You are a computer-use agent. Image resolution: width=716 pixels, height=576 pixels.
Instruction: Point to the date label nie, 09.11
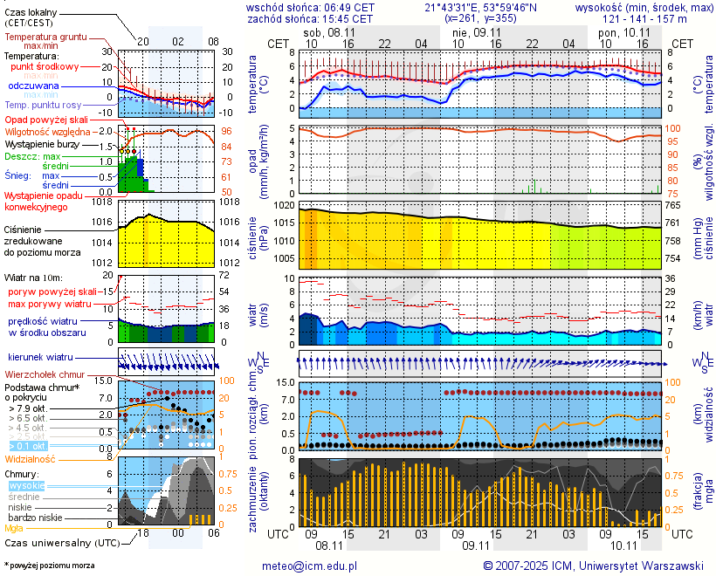(x=472, y=31)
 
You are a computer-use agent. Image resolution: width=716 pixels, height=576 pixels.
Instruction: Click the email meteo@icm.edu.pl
(x=310, y=566)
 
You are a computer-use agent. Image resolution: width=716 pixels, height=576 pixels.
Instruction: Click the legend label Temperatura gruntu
(x=45, y=38)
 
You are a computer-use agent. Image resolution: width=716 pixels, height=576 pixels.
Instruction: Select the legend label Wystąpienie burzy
(x=41, y=143)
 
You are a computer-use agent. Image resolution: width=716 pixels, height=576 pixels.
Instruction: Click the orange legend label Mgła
(x=14, y=528)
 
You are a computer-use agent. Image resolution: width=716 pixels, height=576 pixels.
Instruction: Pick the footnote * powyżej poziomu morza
(x=49, y=566)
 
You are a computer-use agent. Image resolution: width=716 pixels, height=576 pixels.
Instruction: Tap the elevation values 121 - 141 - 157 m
(x=644, y=17)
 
